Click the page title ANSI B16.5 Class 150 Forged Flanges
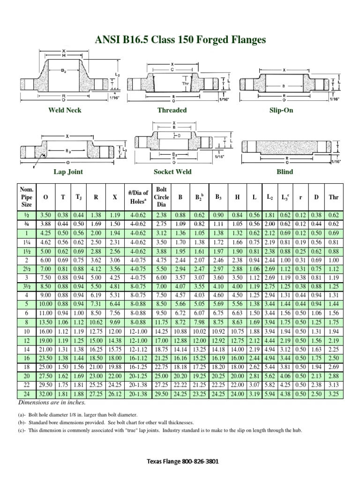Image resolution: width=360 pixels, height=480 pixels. (180, 40)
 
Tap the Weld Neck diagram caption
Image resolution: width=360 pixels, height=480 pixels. (65, 110)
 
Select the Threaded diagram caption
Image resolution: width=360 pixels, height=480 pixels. (172, 110)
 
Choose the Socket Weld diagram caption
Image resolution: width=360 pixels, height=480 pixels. (173, 172)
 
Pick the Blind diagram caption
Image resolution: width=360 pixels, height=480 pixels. (285, 172)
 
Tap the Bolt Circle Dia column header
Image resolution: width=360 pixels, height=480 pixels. (161, 197)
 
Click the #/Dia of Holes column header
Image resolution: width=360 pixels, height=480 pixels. (138, 197)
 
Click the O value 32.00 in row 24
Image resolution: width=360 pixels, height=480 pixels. (45, 394)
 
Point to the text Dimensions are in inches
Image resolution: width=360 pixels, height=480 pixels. (52, 402)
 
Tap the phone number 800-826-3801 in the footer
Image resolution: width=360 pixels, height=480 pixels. (198, 462)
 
